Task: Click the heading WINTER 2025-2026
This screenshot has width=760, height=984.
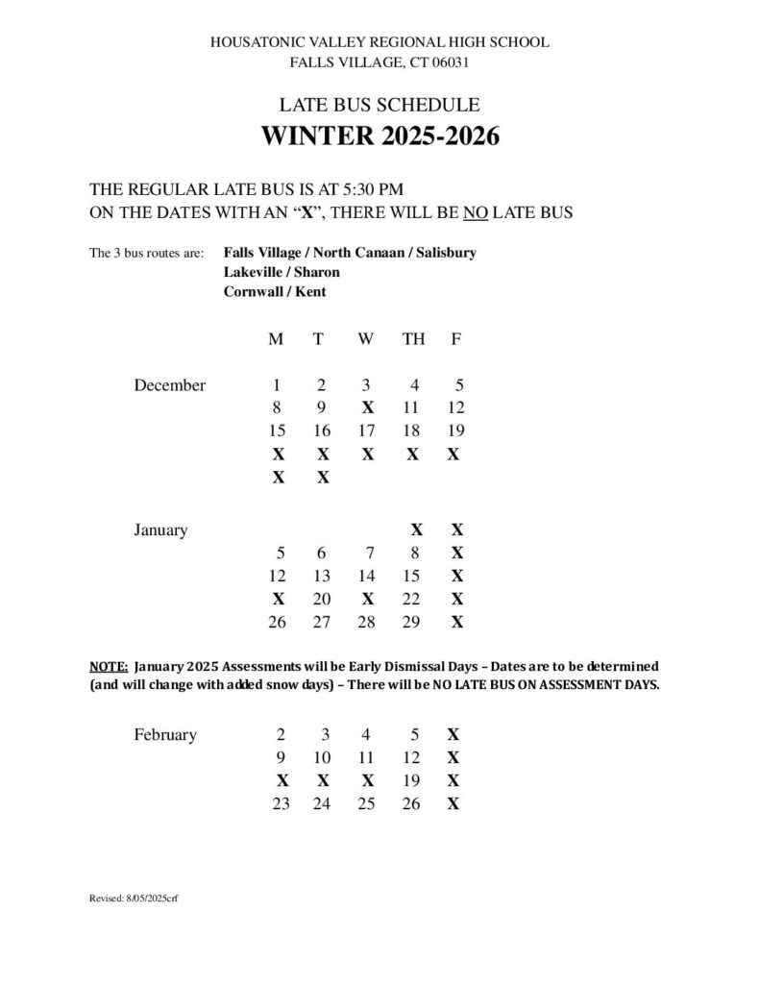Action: (x=380, y=136)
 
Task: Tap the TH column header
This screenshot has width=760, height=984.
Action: (x=413, y=339)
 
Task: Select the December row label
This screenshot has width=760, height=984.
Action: (x=170, y=385)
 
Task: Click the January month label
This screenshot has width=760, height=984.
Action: (x=160, y=529)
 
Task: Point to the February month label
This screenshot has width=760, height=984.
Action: (x=165, y=735)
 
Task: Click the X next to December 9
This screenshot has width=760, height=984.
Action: (x=367, y=408)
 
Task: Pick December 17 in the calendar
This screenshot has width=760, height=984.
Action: (x=366, y=431)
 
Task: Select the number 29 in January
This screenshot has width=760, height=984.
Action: (x=411, y=622)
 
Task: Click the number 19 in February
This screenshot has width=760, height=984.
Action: (x=411, y=780)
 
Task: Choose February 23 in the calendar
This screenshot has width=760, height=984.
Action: (x=281, y=803)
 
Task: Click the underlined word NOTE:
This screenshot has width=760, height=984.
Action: (x=108, y=666)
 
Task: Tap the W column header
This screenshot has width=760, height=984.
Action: (x=366, y=339)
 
